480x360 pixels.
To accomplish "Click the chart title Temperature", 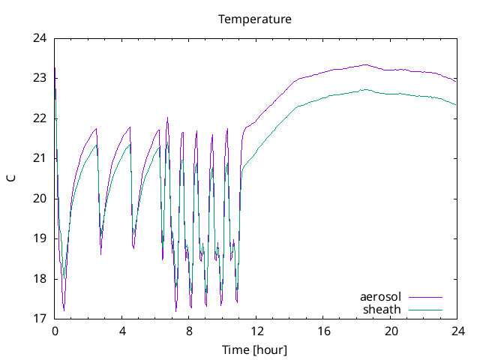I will tap(255, 19).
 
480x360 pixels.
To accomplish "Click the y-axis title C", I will tap(10, 178).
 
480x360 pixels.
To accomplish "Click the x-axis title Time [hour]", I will tap(255, 349).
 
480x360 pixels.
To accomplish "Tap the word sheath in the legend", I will tap(382, 309).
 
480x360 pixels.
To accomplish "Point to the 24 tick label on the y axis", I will tap(40, 38).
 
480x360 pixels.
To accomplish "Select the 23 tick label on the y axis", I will tap(40, 78).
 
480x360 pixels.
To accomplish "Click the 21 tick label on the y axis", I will tap(40, 158).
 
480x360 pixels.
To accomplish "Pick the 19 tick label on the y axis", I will tap(40, 238).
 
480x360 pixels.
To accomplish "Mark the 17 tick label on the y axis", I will tap(40, 319).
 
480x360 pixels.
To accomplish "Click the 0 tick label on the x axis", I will tap(55, 331).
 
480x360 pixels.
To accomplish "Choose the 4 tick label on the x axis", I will tap(122, 331).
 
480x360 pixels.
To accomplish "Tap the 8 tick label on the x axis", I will tap(189, 331).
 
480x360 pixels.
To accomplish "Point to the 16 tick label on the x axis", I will tap(323, 331).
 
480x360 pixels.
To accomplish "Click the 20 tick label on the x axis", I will tap(390, 331).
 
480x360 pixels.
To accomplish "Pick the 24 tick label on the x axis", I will tap(457, 331).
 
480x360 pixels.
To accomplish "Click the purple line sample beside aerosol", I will tap(425, 297).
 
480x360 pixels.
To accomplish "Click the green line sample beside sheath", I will tap(425, 309).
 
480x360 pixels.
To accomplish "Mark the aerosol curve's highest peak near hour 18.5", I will tap(365, 64).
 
